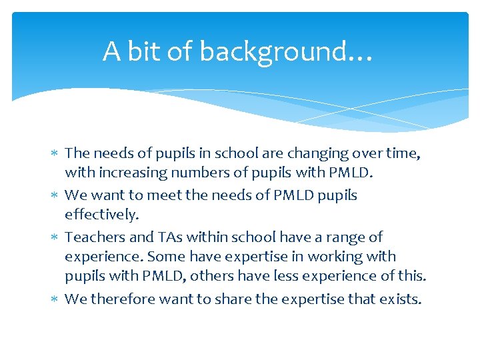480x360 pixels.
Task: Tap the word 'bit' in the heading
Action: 142,51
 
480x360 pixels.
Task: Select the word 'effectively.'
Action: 102,215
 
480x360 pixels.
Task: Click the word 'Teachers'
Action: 93,237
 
